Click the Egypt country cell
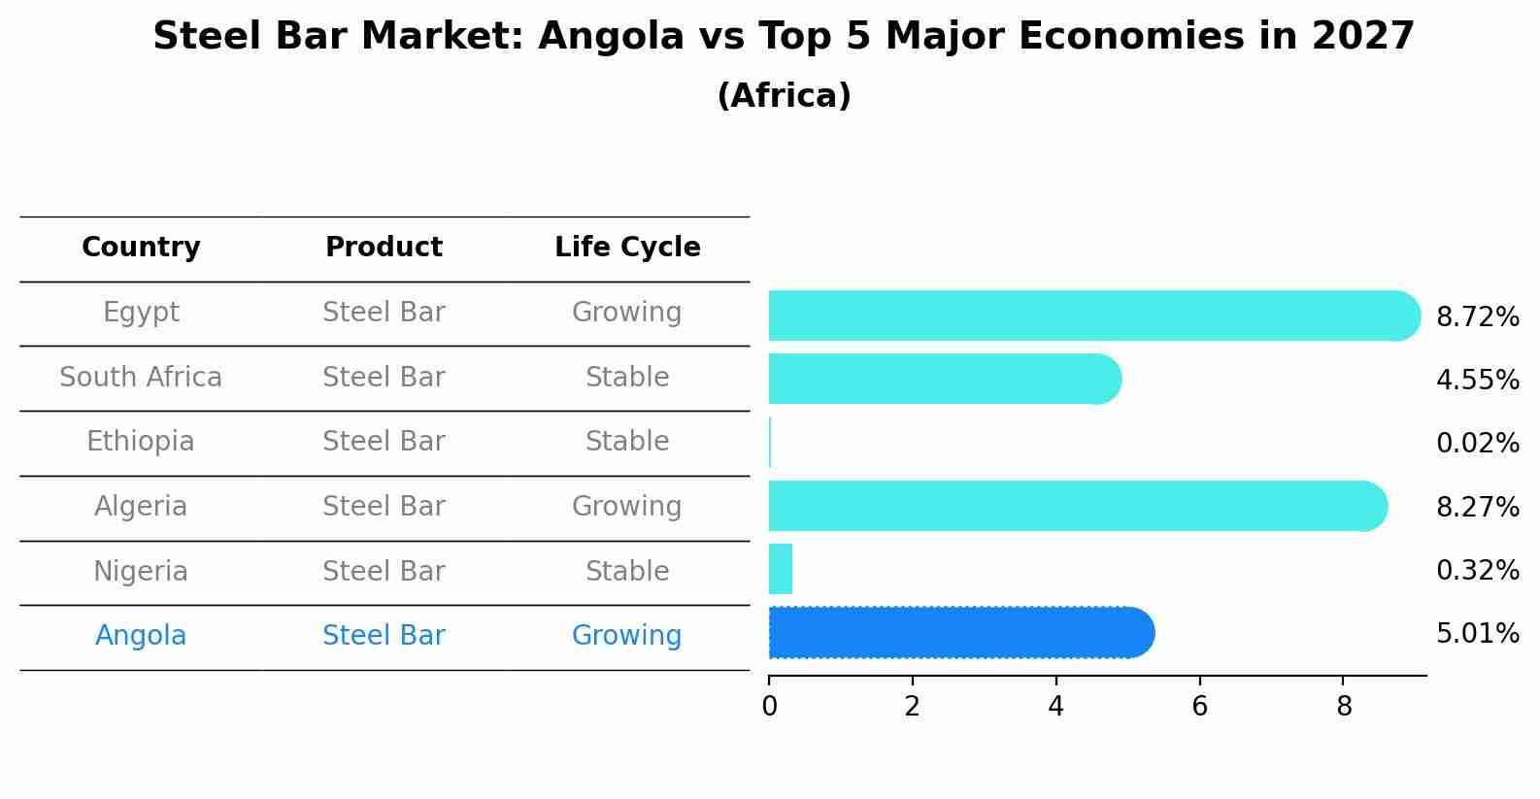tap(141, 313)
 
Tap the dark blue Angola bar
tap(960, 633)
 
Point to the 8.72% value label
tap(1477, 317)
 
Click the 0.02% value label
tap(1477, 444)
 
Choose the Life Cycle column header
tap(627, 248)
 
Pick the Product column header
tap(384, 248)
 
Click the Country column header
tap(141, 248)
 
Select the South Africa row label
tap(141, 377)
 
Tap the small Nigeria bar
tap(781, 569)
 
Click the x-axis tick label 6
tap(1199, 707)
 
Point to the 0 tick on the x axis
tap(769, 707)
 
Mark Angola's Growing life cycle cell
tap(627, 636)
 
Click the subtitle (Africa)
tap(784, 96)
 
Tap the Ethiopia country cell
tap(141, 442)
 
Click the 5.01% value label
tap(1477, 634)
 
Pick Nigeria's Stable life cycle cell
tap(627, 571)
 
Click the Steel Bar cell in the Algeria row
tap(384, 507)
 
